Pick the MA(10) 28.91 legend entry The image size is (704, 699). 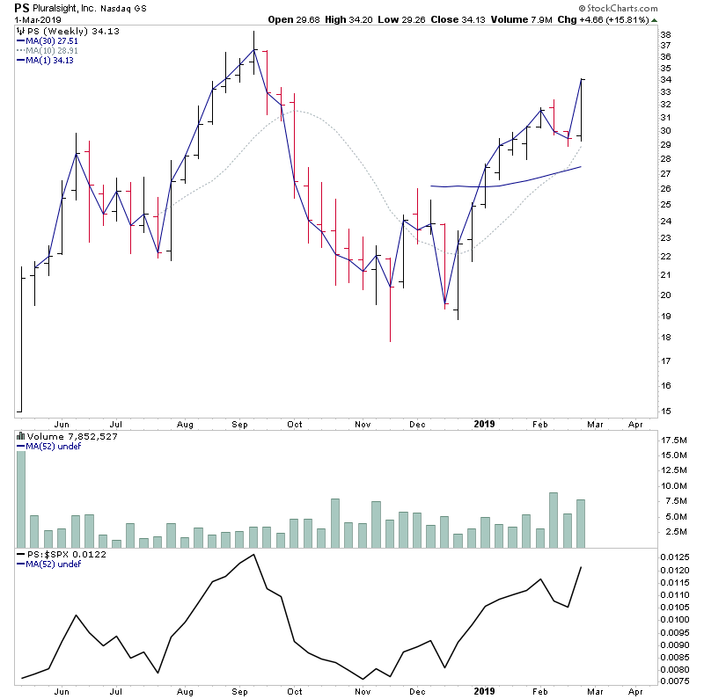(56, 51)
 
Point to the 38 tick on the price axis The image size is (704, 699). (666, 35)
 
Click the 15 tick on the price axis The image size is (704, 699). (666, 411)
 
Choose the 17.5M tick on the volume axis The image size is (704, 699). (676, 440)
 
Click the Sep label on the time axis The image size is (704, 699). (239, 424)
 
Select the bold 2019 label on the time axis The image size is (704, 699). (483, 424)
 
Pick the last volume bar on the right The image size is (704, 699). (581, 523)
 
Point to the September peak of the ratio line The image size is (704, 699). (253, 555)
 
